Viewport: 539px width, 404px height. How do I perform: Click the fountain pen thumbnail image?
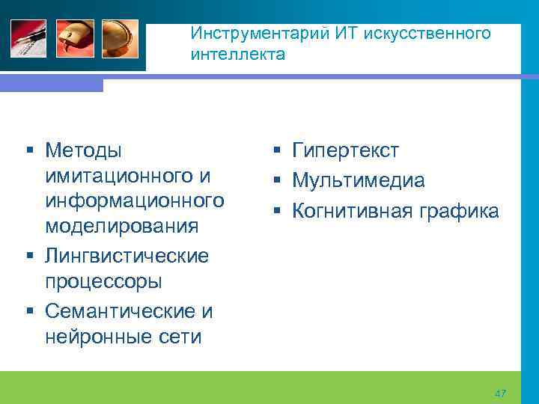point(28,38)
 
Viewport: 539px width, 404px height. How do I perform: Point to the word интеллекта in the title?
point(237,55)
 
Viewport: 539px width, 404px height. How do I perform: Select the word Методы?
point(82,150)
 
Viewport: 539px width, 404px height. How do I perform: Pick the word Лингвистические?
point(127,256)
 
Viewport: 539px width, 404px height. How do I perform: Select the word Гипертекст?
point(346,150)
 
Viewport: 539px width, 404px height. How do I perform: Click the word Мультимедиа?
point(359,180)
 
